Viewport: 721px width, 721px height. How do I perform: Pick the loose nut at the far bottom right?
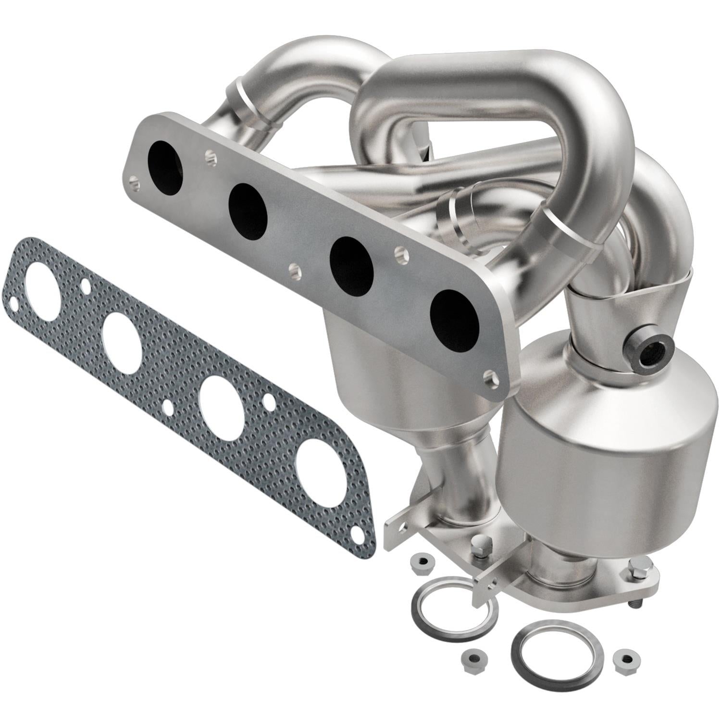pyautogui.click(x=626, y=658)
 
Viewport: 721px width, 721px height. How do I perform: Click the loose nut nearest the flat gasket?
pyautogui.click(x=419, y=563)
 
